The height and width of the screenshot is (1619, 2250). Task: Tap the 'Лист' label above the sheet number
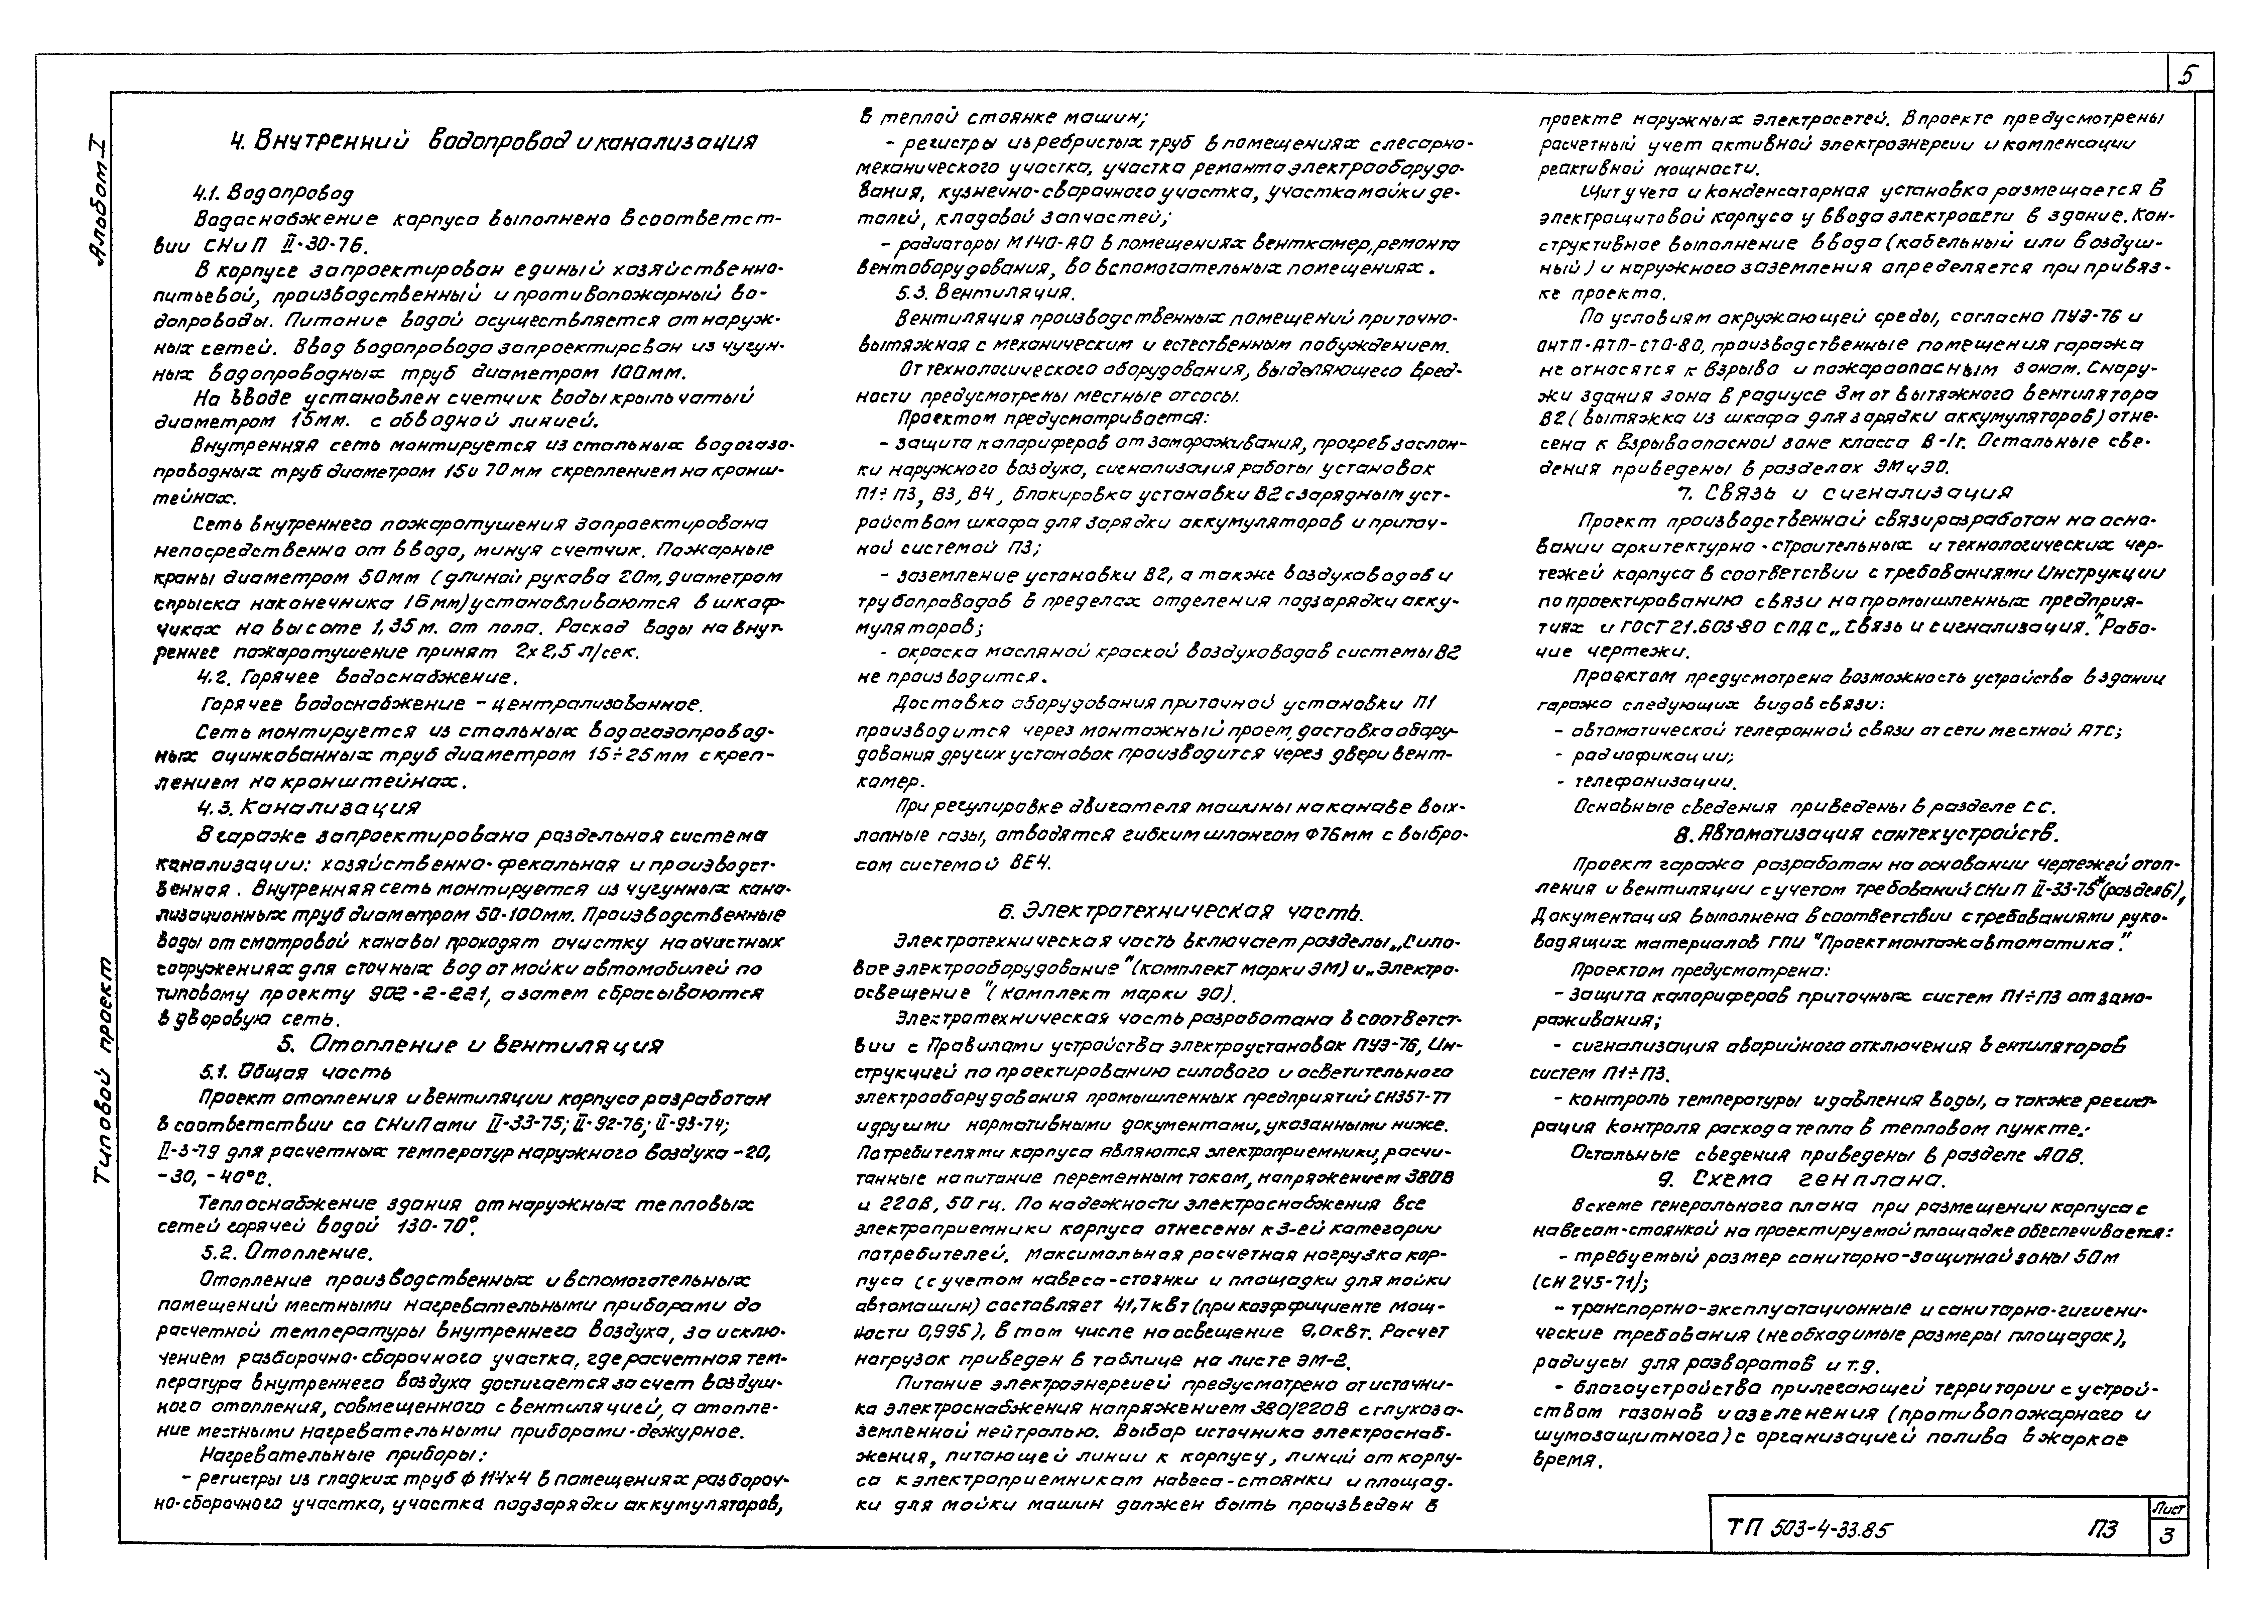pos(2167,1507)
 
